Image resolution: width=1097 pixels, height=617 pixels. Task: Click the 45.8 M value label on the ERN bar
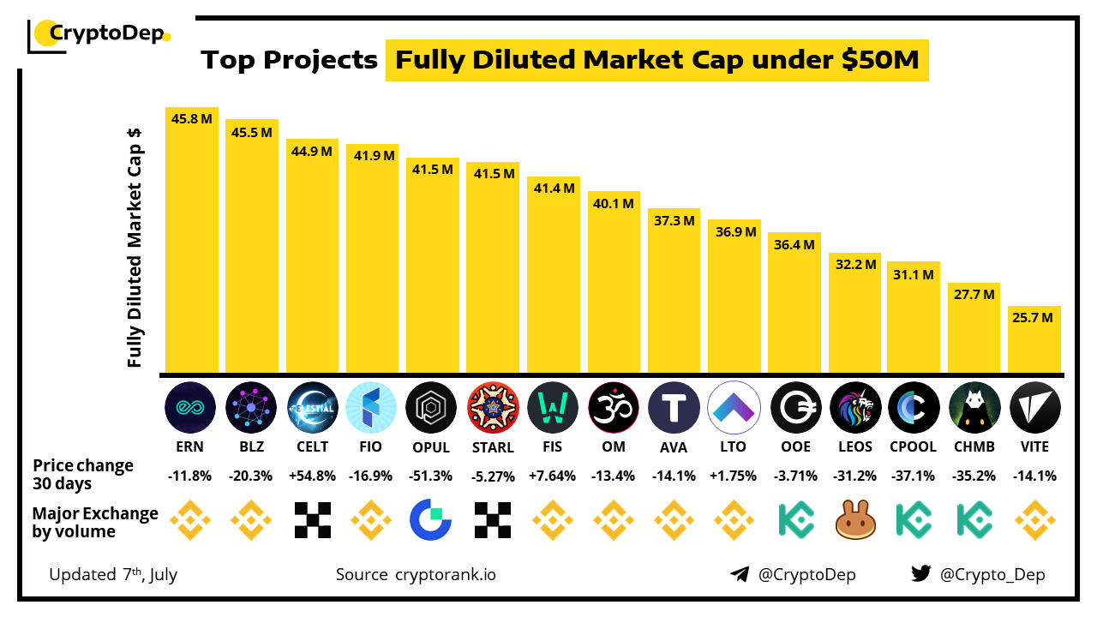192,119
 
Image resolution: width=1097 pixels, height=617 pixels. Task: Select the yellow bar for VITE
1034,343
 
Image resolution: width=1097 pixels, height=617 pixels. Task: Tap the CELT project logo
312,407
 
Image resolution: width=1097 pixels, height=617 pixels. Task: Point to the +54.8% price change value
312,476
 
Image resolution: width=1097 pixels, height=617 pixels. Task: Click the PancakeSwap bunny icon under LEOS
855,520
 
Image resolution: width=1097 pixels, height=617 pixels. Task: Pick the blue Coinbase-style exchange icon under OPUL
432,520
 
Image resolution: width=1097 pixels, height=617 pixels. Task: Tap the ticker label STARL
492,446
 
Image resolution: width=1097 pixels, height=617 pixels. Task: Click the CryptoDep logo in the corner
99,35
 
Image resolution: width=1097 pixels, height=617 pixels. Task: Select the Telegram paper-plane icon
740,574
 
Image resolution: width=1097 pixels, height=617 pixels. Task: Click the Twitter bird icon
921,574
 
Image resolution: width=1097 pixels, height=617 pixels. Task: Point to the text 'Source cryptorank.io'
416,574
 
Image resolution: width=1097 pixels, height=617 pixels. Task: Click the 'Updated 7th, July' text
113,574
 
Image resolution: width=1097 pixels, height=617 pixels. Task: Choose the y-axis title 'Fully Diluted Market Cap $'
135,249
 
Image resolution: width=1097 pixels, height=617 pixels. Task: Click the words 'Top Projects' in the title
289,60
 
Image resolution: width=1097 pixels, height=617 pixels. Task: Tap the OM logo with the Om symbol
614,407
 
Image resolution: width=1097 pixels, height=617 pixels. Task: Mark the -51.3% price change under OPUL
432,476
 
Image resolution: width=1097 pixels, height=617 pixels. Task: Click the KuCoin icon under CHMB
974,520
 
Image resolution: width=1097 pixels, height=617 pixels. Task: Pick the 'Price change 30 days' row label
83,474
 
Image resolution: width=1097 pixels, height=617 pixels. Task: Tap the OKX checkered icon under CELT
312,520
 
